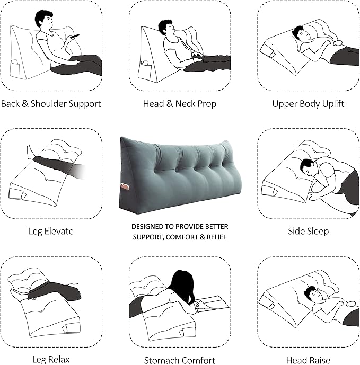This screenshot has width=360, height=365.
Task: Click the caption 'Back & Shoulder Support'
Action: (x=51, y=104)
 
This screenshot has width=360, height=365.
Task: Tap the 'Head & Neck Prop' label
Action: (x=180, y=104)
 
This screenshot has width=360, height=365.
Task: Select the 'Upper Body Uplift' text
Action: (x=308, y=104)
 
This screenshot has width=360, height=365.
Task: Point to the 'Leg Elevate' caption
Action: (x=51, y=231)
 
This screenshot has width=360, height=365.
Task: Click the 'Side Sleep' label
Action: (x=308, y=231)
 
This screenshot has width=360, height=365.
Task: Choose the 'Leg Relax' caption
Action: (x=51, y=359)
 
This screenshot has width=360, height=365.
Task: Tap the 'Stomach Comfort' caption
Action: (x=180, y=360)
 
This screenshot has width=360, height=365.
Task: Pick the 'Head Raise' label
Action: (x=308, y=360)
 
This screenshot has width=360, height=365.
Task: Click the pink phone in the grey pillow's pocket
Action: (x=125, y=187)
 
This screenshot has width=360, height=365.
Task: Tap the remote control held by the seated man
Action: (x=75, y=37)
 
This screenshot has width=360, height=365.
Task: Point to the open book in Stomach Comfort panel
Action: (x=213, y=304)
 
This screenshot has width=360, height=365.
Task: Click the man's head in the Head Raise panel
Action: (x=313, y=294)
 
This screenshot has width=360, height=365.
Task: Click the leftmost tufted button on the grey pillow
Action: (x=155, y=171)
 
